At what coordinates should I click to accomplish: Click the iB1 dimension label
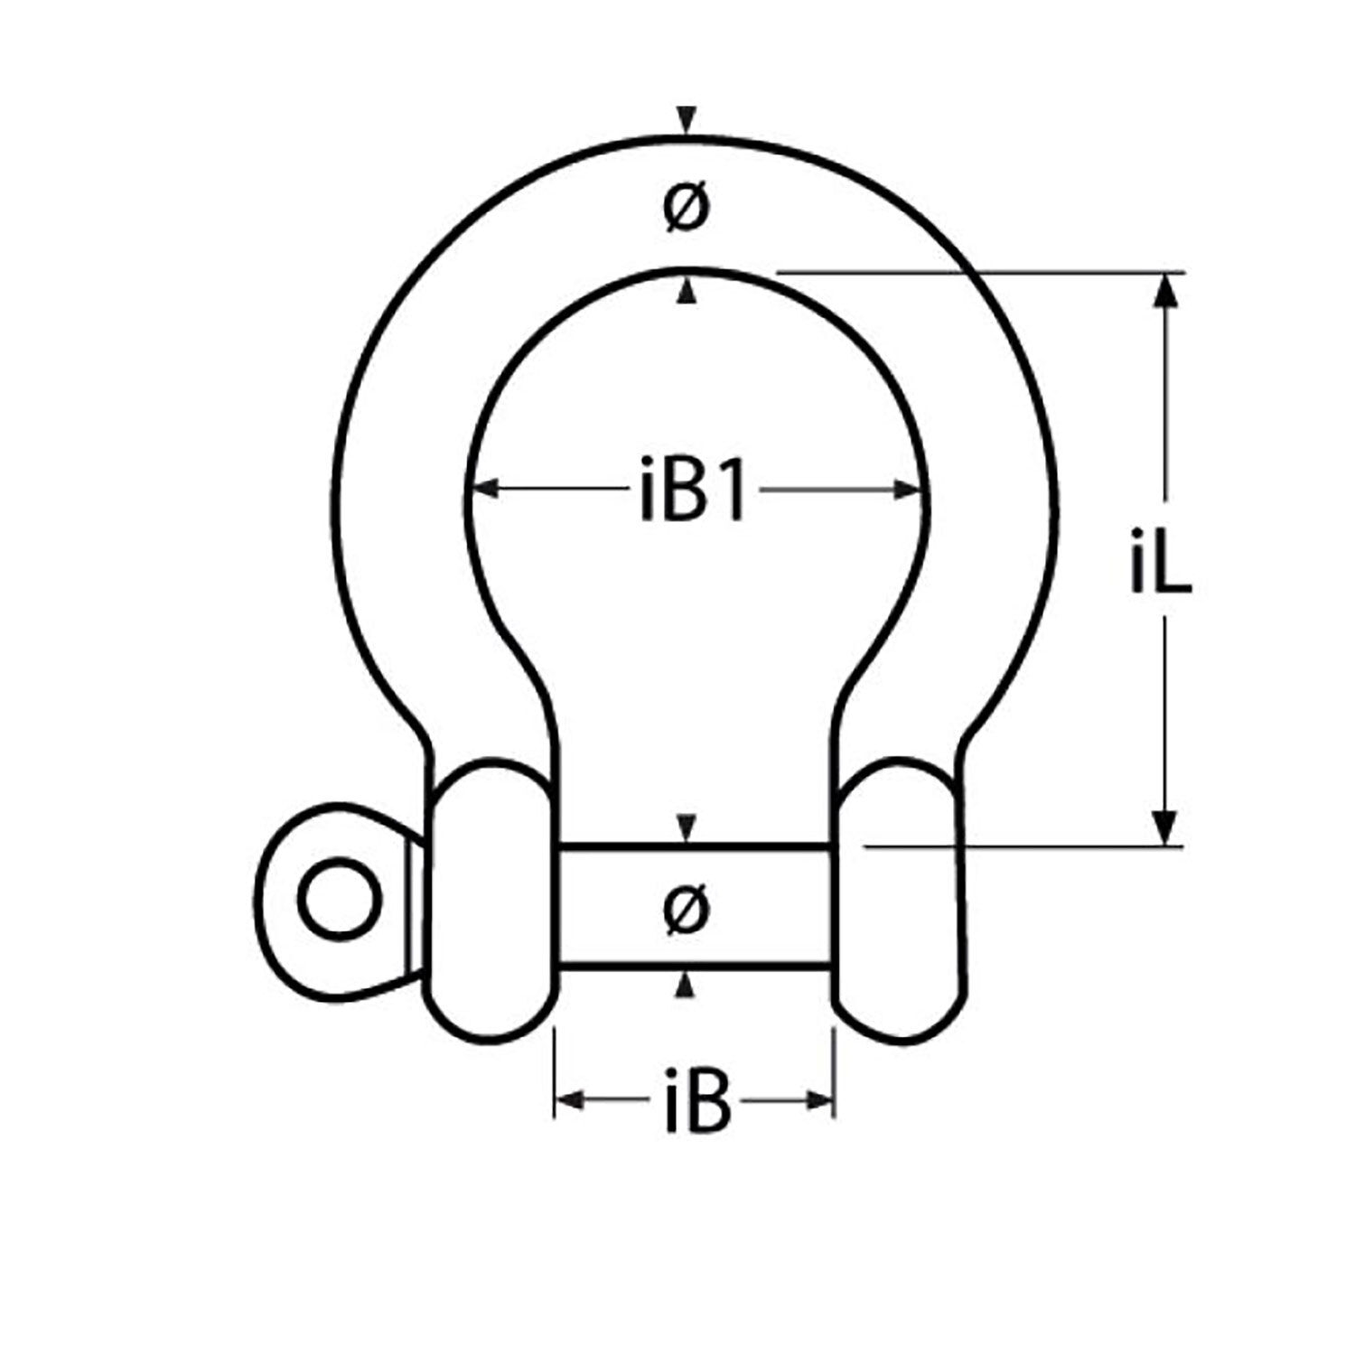pyautogui.click(x=692, y=492)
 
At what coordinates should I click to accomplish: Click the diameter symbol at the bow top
pyautogui.click(x=687, y=210)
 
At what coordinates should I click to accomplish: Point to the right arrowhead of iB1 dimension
pyautogui.click(x=905, y=490)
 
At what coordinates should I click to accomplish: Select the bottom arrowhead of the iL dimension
pyautogui.click(x=1167, y=826)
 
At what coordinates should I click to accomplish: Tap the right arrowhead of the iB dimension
pyautogui.click(x=818, y=1099)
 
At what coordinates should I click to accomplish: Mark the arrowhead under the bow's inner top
pyautogui.click(x=688, y=291)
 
